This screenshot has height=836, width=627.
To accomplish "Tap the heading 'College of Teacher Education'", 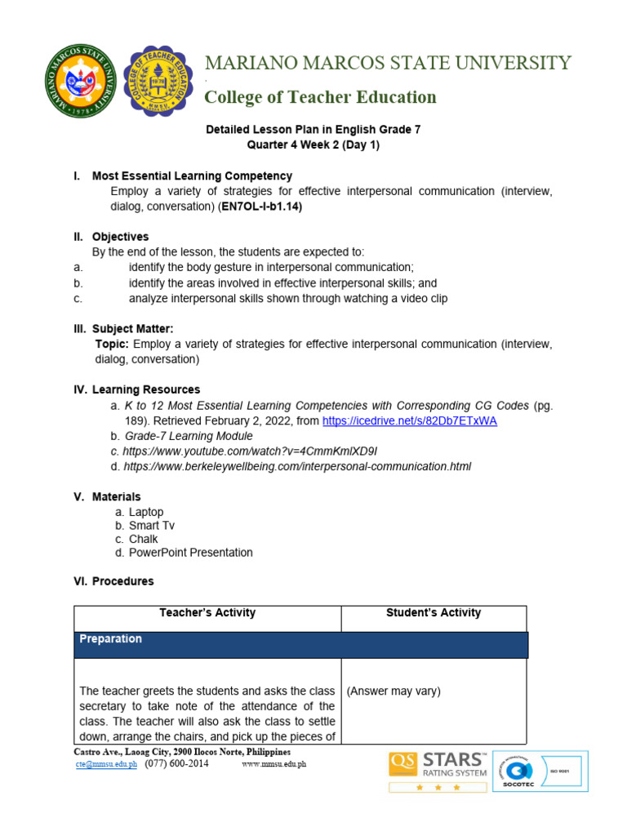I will pyautogui.click(x=320, y=97).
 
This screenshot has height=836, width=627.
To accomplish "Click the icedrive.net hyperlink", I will pyautogui.click(x=410, y=420).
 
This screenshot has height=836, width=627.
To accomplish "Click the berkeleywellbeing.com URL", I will pyautogui.click(x=297, y=466).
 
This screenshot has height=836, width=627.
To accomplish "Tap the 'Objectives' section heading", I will pyautogui.click(x=120, y=237).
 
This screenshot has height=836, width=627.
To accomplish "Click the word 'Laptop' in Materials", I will pyautogui.click(x=146, y=512).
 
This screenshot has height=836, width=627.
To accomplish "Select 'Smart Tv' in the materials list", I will pyautogui.click(x=152, y=526).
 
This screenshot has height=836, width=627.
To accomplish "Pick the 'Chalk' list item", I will pyautogui.click(x=144, y=539).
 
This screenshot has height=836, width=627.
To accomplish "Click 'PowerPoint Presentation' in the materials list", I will pyautogui.click(x=191, y=553).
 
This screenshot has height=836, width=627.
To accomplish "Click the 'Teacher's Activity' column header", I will pyautogui.click(x=207, y=612).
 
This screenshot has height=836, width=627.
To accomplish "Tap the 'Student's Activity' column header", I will pyautogui.click(x=434, y=612).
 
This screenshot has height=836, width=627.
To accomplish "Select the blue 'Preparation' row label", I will pyautogui.click(x=110, y=639).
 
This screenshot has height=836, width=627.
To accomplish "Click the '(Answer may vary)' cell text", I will pyautogui.click(x=394, y=691).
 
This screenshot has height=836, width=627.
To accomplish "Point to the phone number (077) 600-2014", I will pyautogui.click(x=176, y=763).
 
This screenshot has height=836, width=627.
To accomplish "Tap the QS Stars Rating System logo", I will pyautogui.click(x=439, y=771).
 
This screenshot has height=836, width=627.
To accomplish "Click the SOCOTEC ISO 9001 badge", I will pyautogui.click(x=540, y=771).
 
